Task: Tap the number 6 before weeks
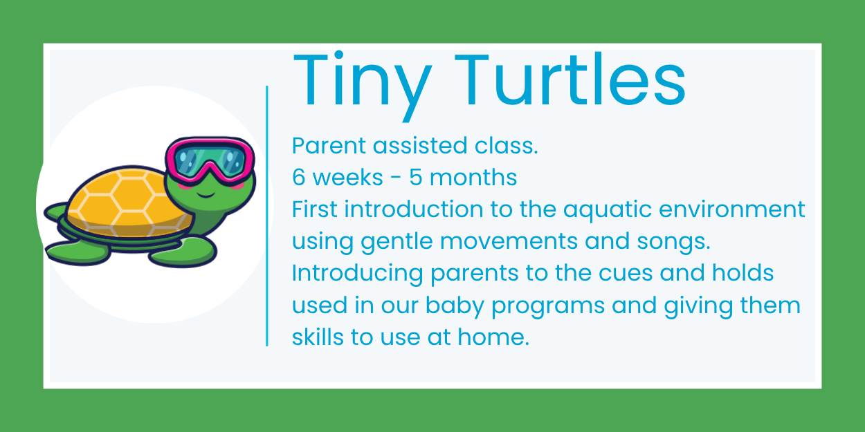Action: click(299, 178)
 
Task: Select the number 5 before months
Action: click(416, 178)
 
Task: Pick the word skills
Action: click(315, 337)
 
